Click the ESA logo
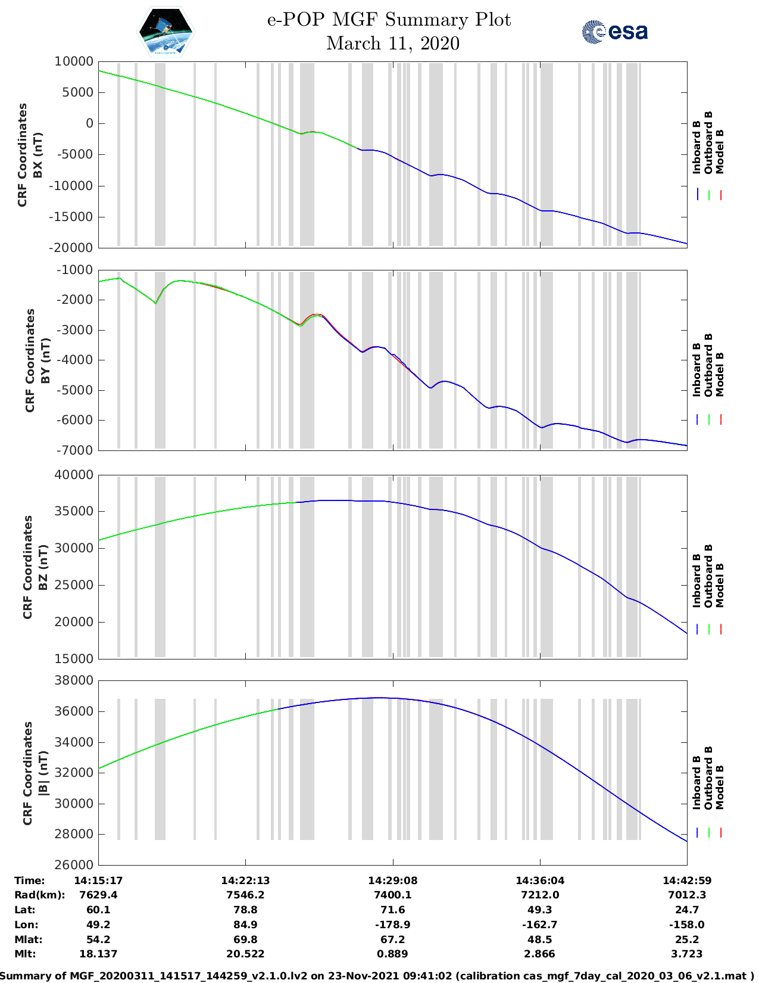coord(614,32)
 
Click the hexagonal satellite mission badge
coord(166,32)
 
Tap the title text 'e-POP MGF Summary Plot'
coord(389,20)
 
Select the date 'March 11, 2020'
coord(393,43)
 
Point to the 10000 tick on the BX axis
coord(74,61)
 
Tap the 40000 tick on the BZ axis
coord(74,475)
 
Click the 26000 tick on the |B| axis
coord(74,864)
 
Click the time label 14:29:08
coord(392,881)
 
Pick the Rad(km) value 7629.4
coord(98,895)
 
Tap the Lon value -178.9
coord(392,925)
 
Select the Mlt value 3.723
coord(687,954)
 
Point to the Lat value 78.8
coord(245,910)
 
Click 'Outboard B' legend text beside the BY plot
coord(708,365)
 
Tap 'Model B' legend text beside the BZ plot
coord(720,585)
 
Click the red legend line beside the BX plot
coord(720,195)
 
